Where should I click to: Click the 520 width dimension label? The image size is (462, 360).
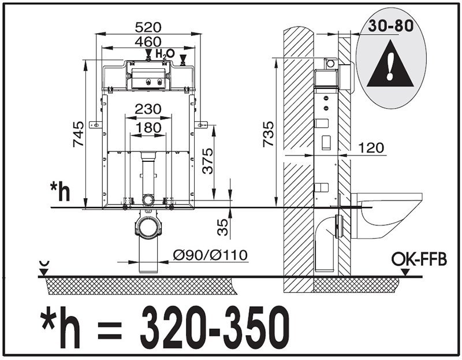[x=148, y=27]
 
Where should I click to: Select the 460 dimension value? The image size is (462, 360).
[x=148, y=42]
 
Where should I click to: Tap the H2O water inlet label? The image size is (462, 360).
[x=165, y=54]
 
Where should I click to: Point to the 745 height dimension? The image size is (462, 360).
[x=79, y=134]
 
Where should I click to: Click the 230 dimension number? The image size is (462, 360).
[x=148, y=109]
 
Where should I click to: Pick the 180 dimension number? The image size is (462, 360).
[x=148, y=128]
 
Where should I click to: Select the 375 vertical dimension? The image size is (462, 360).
[x=207, y=161]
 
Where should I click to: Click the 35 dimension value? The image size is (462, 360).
[x=223, y=227]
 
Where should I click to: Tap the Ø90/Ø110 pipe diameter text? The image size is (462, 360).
[x=210, y=255]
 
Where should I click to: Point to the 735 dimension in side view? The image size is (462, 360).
[x=269, y=134]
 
